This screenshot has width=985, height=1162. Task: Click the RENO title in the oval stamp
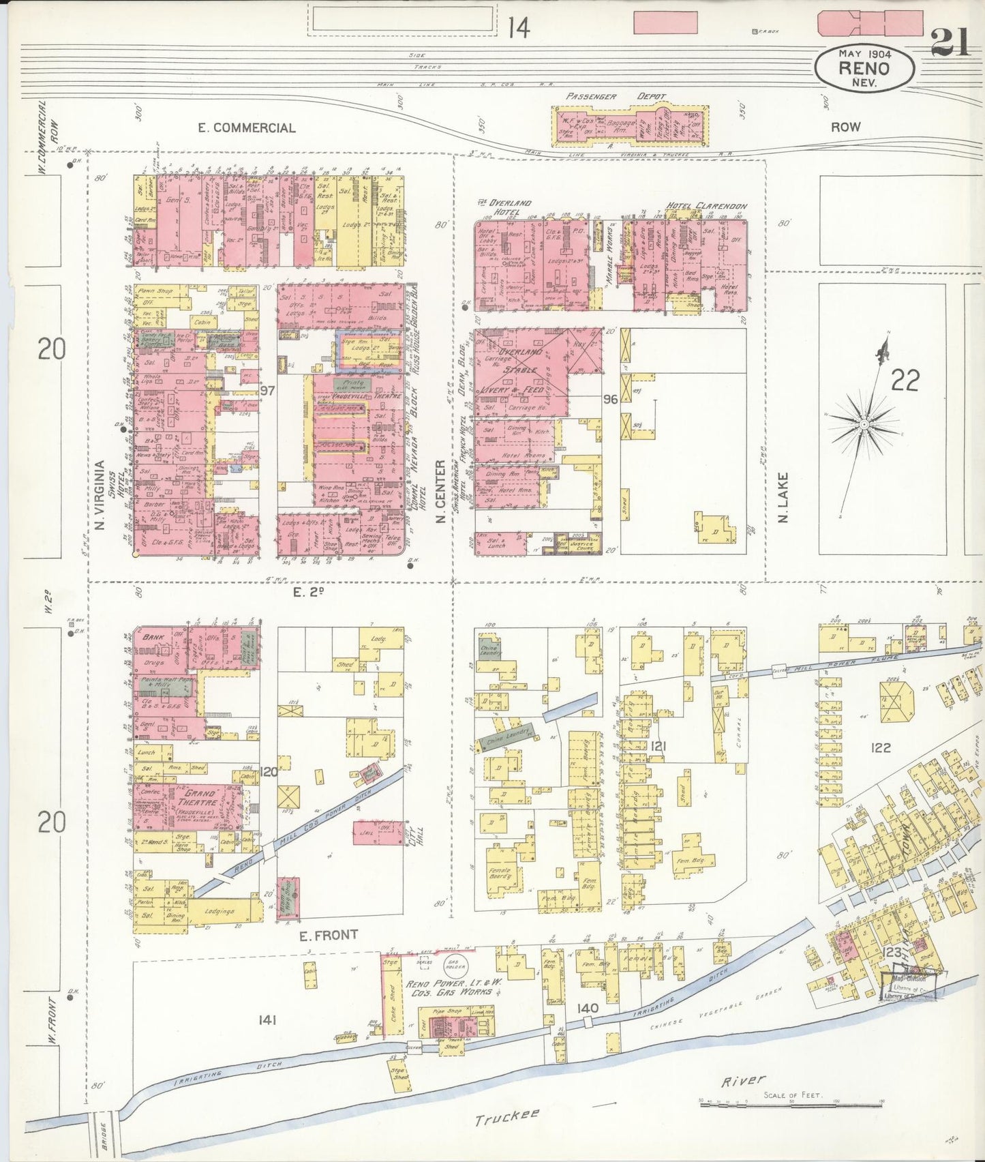864,68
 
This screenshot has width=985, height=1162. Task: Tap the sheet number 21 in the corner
950,43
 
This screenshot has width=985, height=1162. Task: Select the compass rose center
864,424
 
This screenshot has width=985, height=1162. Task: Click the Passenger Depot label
616,97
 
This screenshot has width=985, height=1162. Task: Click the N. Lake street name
783,498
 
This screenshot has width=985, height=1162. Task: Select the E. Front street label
329,935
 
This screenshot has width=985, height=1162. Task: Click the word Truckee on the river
506,1118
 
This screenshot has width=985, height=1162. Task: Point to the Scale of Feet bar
792,1103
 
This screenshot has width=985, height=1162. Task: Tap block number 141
267,1019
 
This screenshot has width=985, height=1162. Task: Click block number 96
610,399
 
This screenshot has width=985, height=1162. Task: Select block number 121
658,747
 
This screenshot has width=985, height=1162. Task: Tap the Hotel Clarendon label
706,206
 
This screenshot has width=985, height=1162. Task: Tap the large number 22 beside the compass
905,381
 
